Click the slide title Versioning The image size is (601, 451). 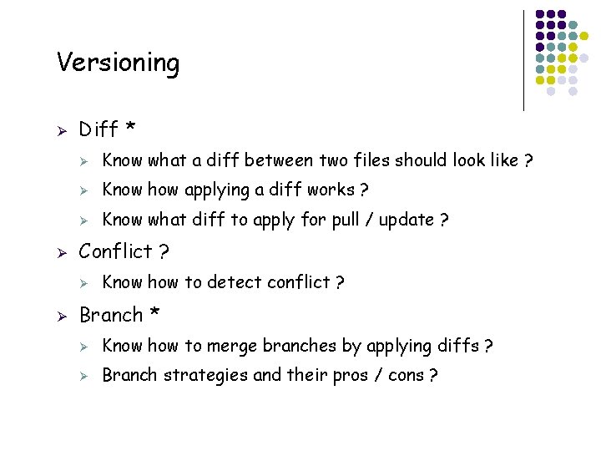[118, 63]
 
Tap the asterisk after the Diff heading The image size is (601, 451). [130, 129]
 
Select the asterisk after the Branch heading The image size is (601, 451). [154, 315]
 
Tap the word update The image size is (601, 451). [409, 220]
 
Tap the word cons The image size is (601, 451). [406, 376]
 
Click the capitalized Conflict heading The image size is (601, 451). [115, 251]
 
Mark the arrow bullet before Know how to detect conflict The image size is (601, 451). [83, 283]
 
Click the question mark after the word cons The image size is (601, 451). [432, 376]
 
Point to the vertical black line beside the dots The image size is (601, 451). [523, 60]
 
